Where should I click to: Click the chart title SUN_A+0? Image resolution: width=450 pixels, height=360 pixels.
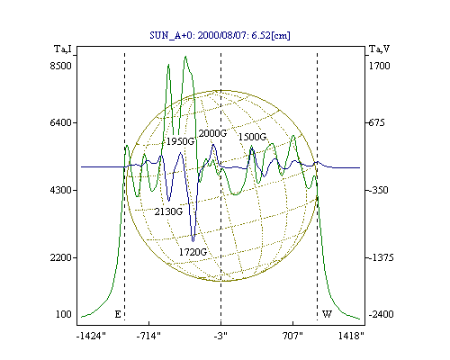170,35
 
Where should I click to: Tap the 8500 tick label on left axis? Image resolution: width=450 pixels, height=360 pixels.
61,66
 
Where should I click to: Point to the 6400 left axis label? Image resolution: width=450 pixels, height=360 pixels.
61,122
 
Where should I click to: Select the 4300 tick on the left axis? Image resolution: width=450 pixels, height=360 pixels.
61,190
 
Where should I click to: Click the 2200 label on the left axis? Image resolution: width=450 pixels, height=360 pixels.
61,257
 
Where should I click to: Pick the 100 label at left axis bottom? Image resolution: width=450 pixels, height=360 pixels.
64,314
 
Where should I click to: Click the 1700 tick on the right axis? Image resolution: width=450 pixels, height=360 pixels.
379,66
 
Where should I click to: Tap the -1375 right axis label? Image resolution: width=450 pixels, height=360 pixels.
381,257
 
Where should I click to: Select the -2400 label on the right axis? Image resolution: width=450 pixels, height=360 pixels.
381,314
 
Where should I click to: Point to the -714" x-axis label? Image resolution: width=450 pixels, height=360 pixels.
148,336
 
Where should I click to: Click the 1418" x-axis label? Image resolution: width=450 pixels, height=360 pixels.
351,336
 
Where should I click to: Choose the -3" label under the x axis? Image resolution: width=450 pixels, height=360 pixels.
220,336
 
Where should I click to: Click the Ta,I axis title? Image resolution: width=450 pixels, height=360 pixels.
63,49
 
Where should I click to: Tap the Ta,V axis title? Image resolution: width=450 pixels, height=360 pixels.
379,49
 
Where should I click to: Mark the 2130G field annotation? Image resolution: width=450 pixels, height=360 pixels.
168,211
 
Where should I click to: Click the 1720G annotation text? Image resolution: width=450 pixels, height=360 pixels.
193,252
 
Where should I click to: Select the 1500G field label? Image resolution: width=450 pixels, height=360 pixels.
252,137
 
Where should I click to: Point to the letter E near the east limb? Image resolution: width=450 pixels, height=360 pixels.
118,314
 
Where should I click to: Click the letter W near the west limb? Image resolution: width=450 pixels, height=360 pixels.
327,314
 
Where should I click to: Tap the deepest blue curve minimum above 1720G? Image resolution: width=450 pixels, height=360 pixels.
193,241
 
